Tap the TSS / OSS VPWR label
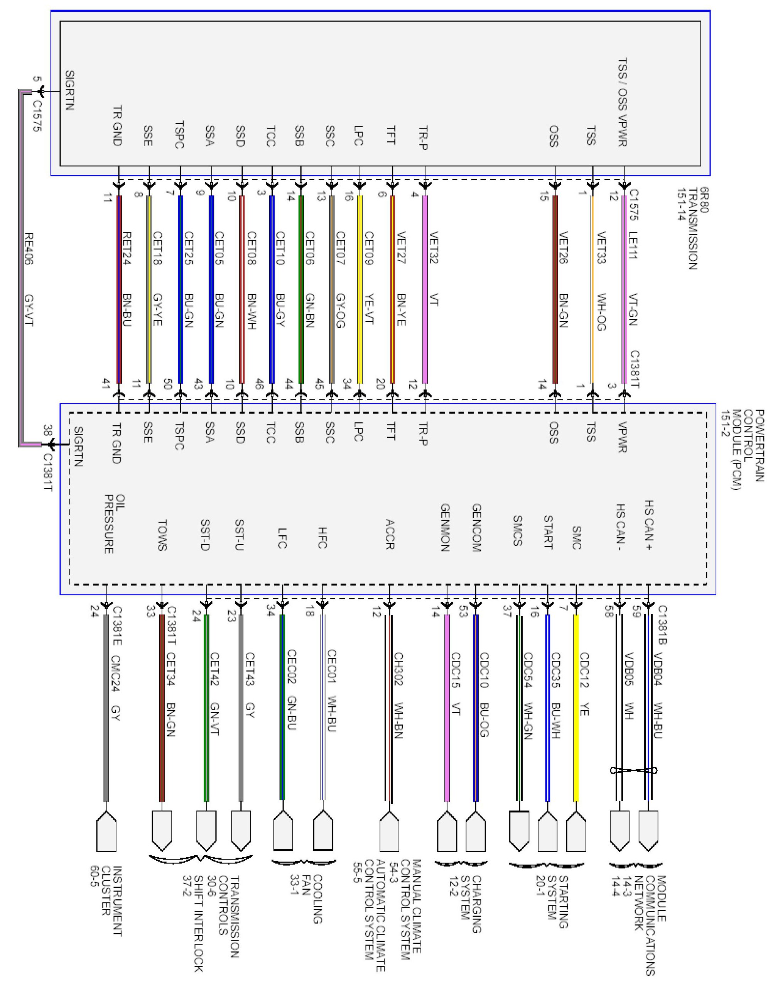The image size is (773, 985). tap(623, 102)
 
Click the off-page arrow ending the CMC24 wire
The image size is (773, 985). tap(106, 831)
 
